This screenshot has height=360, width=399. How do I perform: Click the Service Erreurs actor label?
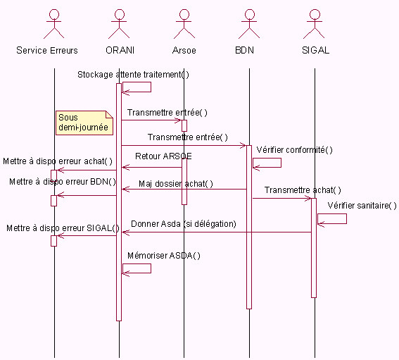[x=47, y=50]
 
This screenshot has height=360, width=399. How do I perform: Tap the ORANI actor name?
[x=120, y=50]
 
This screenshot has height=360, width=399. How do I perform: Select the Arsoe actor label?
[x=184, y=50]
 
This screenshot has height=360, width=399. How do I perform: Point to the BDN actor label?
[x=245, y=50]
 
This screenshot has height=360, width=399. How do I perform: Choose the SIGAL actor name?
[x=315, y=50]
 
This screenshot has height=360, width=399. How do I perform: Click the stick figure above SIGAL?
[x=315, y=24]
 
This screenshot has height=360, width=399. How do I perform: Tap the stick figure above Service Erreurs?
[x=54, y=24]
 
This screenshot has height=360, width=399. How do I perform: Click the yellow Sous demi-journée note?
[x=84, y=123]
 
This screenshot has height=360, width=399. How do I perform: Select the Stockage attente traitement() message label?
[x=133, y=75]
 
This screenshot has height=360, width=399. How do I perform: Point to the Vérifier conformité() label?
[x=294, y=150]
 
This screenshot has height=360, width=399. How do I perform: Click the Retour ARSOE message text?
[x=163, y=156]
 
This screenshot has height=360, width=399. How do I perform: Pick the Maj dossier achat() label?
[x=176, y=184]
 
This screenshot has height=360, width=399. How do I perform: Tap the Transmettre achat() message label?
[x=303, y=190]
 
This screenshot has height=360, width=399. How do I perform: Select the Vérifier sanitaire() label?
[x=362, y=205]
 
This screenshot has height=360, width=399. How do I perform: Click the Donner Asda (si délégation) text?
[x=184, y=224]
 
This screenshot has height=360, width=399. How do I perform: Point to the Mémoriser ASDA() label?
[x=164, y=256]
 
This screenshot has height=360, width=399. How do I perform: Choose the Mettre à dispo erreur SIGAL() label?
[x=63, y=228]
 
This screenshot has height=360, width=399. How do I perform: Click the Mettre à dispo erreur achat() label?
[x=58, y=161]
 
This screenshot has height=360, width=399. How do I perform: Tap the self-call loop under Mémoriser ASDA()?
[x=151, y=268]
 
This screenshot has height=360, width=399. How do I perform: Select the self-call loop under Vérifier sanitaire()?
[x=346, y=219]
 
